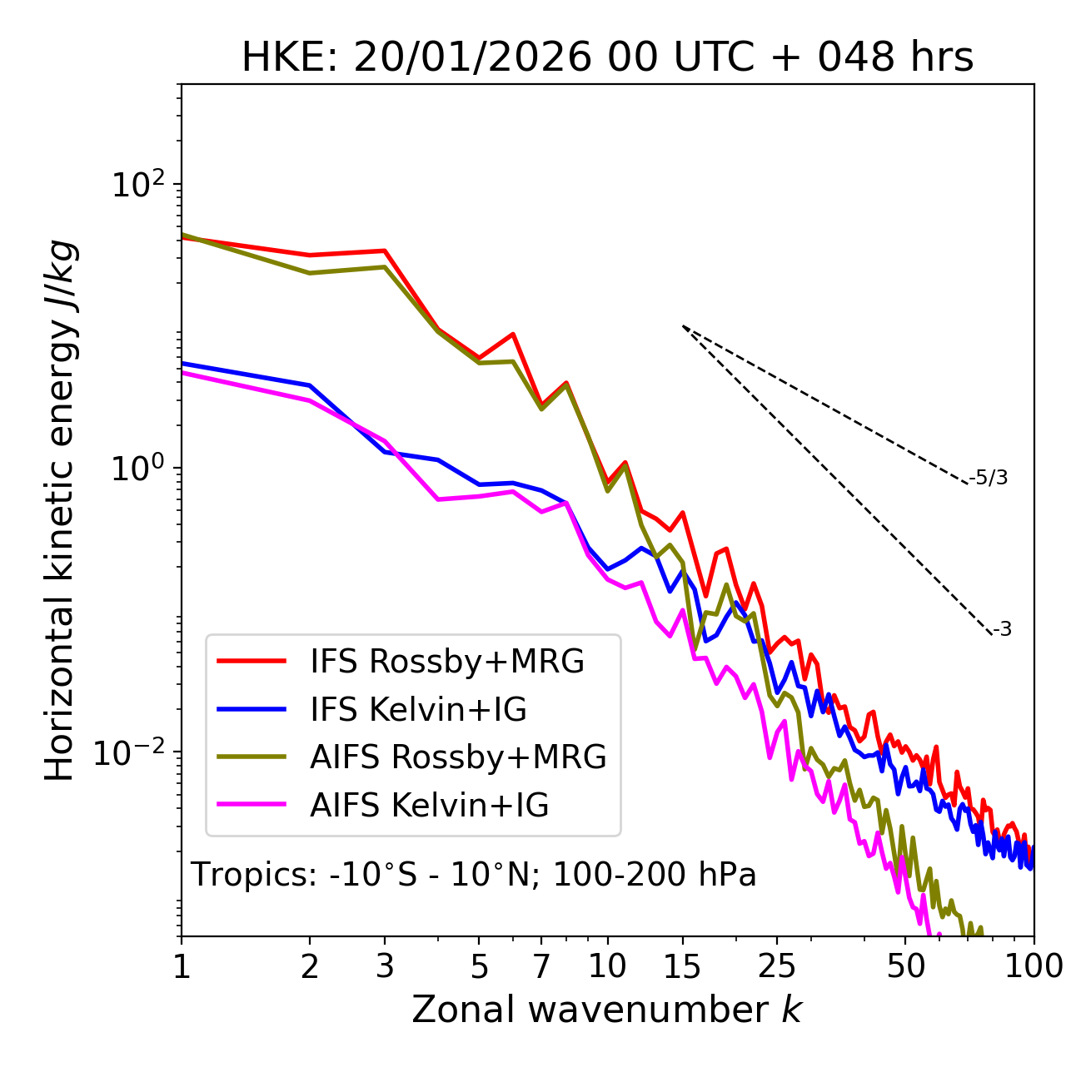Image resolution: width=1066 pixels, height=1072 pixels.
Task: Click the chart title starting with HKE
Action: coord(607,58)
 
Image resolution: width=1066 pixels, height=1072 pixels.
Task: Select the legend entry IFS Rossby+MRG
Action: coord(446,662)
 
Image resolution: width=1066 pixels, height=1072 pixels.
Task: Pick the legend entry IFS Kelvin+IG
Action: coord(418,710)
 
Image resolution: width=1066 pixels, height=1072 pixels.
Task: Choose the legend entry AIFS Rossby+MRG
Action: coord(458,757)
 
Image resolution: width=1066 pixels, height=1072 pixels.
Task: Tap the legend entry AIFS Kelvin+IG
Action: coord(429,806)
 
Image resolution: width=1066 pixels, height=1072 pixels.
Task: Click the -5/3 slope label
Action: coord(989,478)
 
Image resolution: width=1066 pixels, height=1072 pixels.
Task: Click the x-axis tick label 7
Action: coord(541,967)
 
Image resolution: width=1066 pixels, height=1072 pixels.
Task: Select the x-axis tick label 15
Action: coord(682,967)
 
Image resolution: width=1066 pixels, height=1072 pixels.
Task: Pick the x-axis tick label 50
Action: coord(905,967)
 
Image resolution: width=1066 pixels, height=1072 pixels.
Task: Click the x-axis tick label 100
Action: coord(1033,967)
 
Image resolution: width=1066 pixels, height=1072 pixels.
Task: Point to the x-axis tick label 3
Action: coord(385,967)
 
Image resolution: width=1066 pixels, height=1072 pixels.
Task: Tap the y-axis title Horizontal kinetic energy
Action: coord(61,510)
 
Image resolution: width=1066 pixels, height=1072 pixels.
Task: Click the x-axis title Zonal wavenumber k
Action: coord(607,1010)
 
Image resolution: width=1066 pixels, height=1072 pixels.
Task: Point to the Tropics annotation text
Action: coord(473,876)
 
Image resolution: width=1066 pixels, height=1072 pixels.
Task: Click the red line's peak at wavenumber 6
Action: coord(513,334)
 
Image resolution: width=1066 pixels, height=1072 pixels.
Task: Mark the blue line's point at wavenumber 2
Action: coord(310,385)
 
